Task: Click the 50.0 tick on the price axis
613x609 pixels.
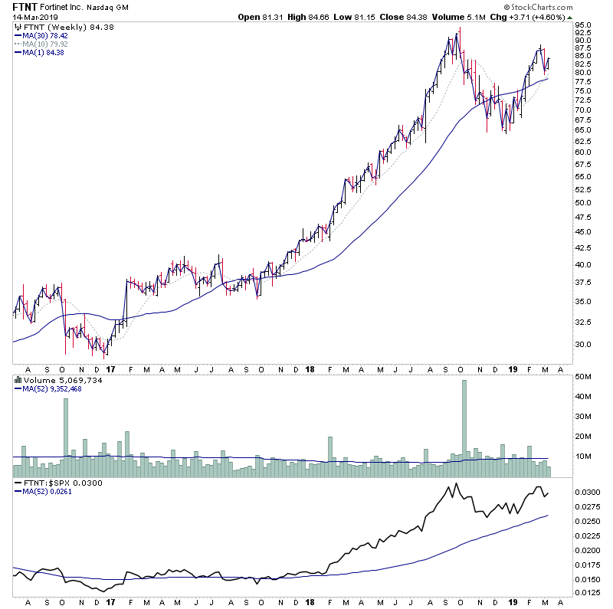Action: (583, 203)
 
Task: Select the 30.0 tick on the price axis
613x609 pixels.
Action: (583, 344)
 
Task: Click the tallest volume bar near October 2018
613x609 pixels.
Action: (464, 421)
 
